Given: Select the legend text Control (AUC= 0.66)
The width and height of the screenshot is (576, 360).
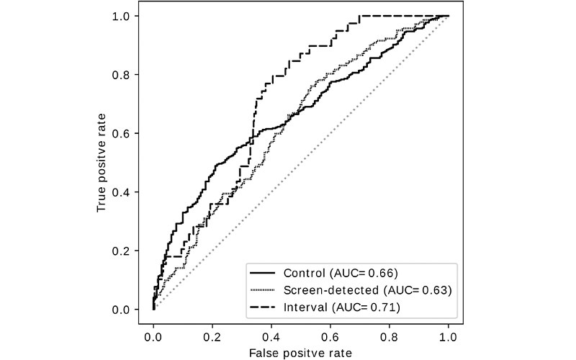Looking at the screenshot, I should tap(341, 273).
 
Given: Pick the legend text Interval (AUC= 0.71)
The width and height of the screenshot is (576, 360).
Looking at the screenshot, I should tap(341, 307).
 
